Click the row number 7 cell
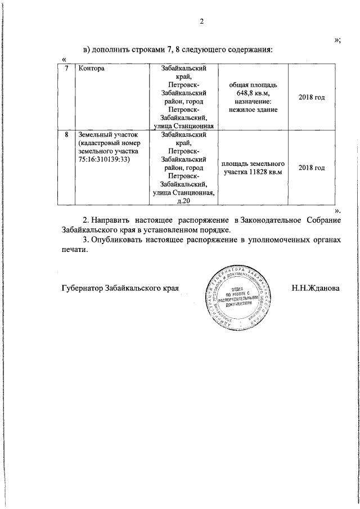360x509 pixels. (67, 69)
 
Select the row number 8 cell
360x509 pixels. (67, 136)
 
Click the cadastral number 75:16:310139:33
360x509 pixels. (105, 159)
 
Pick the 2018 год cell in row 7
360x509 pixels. (312, 97)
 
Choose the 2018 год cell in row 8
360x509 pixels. (312, 168)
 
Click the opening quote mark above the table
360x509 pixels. (64, 59)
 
